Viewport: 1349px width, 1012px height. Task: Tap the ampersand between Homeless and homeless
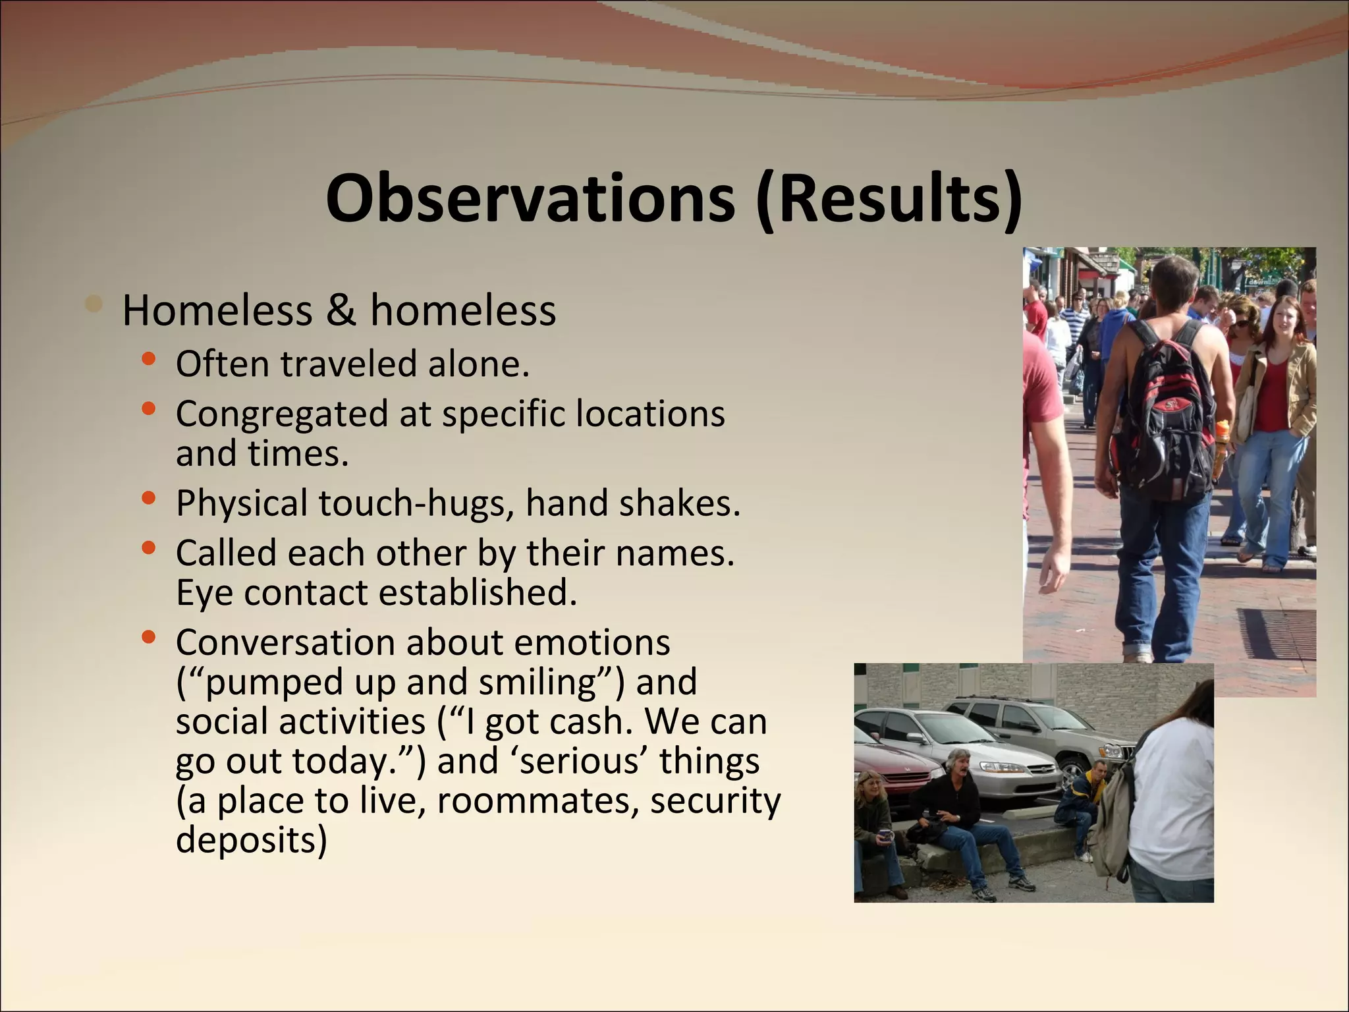pyautogui.click(x=341, y=310)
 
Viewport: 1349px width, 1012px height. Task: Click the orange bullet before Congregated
pyautogui.click(x=149, y=409)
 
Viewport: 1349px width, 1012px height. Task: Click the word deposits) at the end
pyautogui.click(x=251, y=840)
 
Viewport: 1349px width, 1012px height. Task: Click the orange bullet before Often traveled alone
pyautogui.click(x=149, y=359)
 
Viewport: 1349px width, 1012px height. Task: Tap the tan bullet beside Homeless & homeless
pyautogui.click(x=95, y=304)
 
